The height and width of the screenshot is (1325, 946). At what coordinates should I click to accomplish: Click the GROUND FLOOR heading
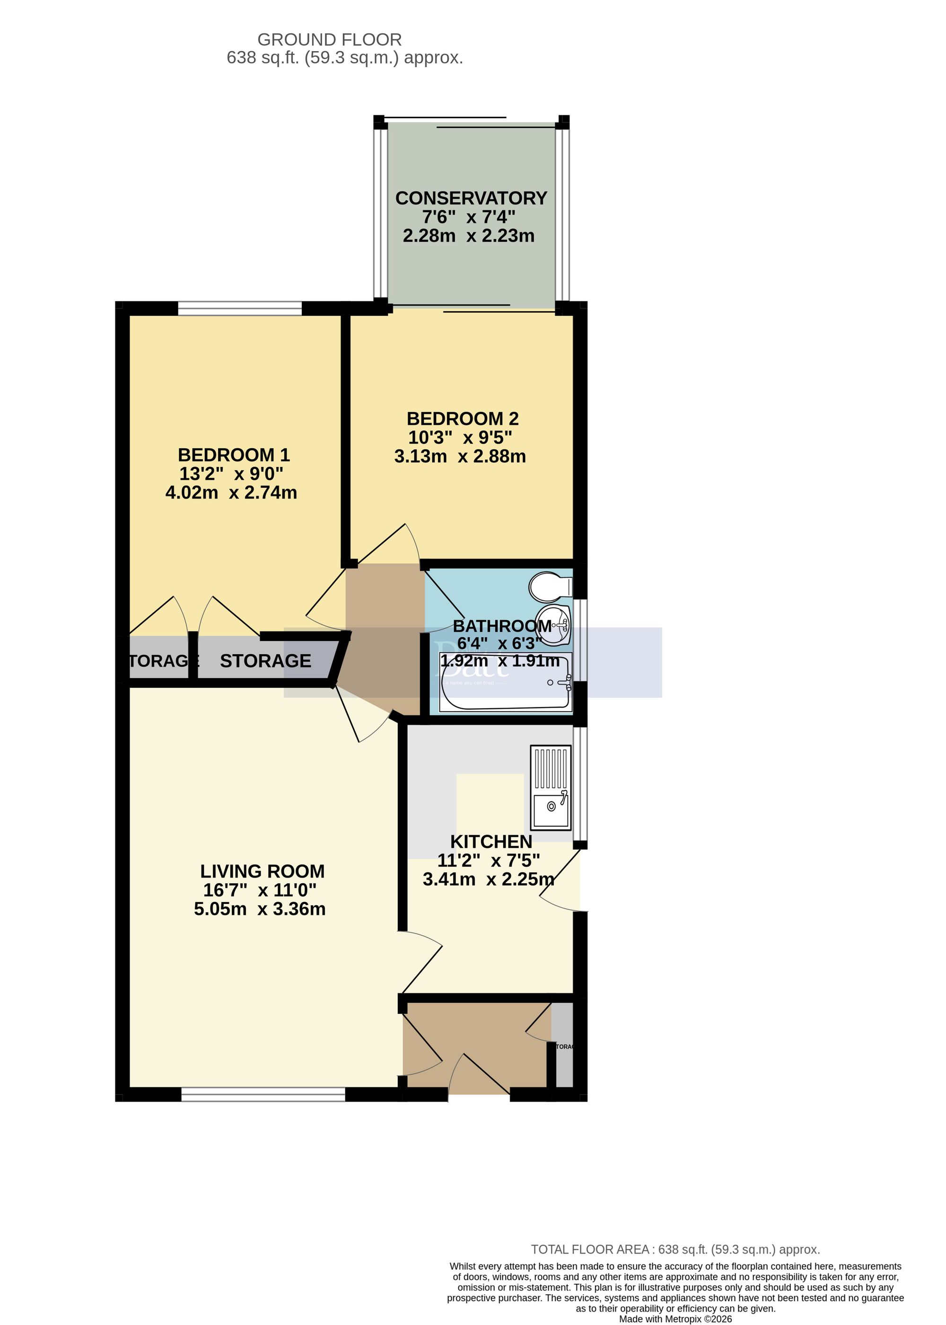pos(329,40)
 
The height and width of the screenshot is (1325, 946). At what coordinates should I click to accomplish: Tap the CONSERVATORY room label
pos(471,199)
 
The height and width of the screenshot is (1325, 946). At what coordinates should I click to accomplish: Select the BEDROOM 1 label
pos(234,455)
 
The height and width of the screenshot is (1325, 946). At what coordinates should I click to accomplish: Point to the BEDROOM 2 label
pos(463,419)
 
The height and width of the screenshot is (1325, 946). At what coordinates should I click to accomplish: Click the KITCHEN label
pos(491,842)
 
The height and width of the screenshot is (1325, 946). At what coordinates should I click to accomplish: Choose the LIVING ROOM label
pos(262,871)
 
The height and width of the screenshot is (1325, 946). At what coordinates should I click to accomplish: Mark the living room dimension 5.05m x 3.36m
pos(260,909)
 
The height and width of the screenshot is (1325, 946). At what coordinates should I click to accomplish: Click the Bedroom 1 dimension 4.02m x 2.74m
pos(231,493)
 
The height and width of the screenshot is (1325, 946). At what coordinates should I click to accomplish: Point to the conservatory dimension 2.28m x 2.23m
pos(468,236)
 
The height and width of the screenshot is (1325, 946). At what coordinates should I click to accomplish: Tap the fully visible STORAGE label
pos(266,661)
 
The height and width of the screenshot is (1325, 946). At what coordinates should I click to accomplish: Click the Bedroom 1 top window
pos(239,308)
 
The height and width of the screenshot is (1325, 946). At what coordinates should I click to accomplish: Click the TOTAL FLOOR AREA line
pos(675,1249)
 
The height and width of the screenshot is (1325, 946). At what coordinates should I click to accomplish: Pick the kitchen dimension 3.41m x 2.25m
pos(488,879)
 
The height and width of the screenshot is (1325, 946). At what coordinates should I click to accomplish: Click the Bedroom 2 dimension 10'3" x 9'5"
pos(460,438)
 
